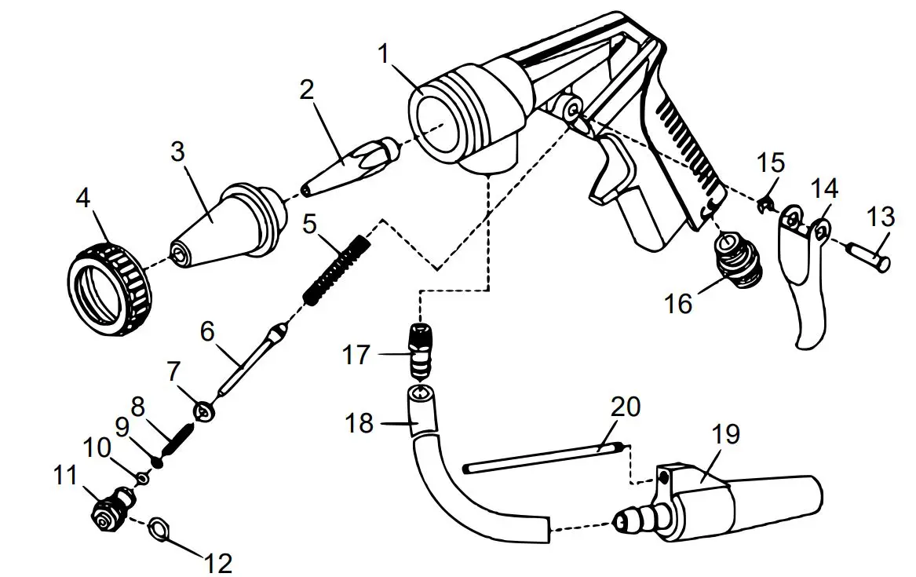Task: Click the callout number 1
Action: point(384,55)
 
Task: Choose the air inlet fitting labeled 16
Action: point(739,255)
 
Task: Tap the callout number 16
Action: point(680,303)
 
